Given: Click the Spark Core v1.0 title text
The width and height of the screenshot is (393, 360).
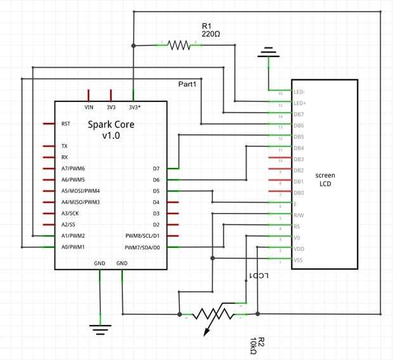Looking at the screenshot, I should pyautogui.click(x=111, y=130).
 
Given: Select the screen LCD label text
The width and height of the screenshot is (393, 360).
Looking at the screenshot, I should pyautogui.click(x=325, y=179).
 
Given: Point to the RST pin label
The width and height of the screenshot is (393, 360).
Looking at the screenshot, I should pyautogui.click(x=65, y=124).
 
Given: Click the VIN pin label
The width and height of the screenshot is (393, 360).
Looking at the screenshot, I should pyautogui.click(x=89, y=106).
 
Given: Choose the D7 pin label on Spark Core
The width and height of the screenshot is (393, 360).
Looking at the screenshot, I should pyautogui.click(x=156, y=169).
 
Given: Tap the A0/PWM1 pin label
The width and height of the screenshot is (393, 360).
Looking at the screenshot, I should pyautogui.click(x=73, y=247).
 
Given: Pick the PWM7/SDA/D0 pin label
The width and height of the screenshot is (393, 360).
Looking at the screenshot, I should pyautogui.click(x=143, y=247).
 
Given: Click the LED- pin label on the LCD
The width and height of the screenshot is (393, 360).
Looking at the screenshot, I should pyautogui.click(x=299, y=91).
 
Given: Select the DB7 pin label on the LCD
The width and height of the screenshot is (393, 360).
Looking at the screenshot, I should pyautogui.click(x=299, y=114).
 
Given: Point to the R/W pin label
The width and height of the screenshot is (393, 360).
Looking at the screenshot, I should pyautogui.click(x=299, y=215).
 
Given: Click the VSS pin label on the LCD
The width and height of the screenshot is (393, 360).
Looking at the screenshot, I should pyautogui.click(x=299, y=260).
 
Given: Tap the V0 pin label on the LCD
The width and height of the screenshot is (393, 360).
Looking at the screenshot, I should pyautogui.click(x=296, y=238).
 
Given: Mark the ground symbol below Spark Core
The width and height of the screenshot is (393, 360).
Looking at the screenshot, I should pyautogui.click(x=100, y=328).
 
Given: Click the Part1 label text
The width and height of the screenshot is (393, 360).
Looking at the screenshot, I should pyautogui.click(x=187, y=84).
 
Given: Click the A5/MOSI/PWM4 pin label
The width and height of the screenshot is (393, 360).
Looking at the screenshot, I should pyautogui.click(x=81, y=191).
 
